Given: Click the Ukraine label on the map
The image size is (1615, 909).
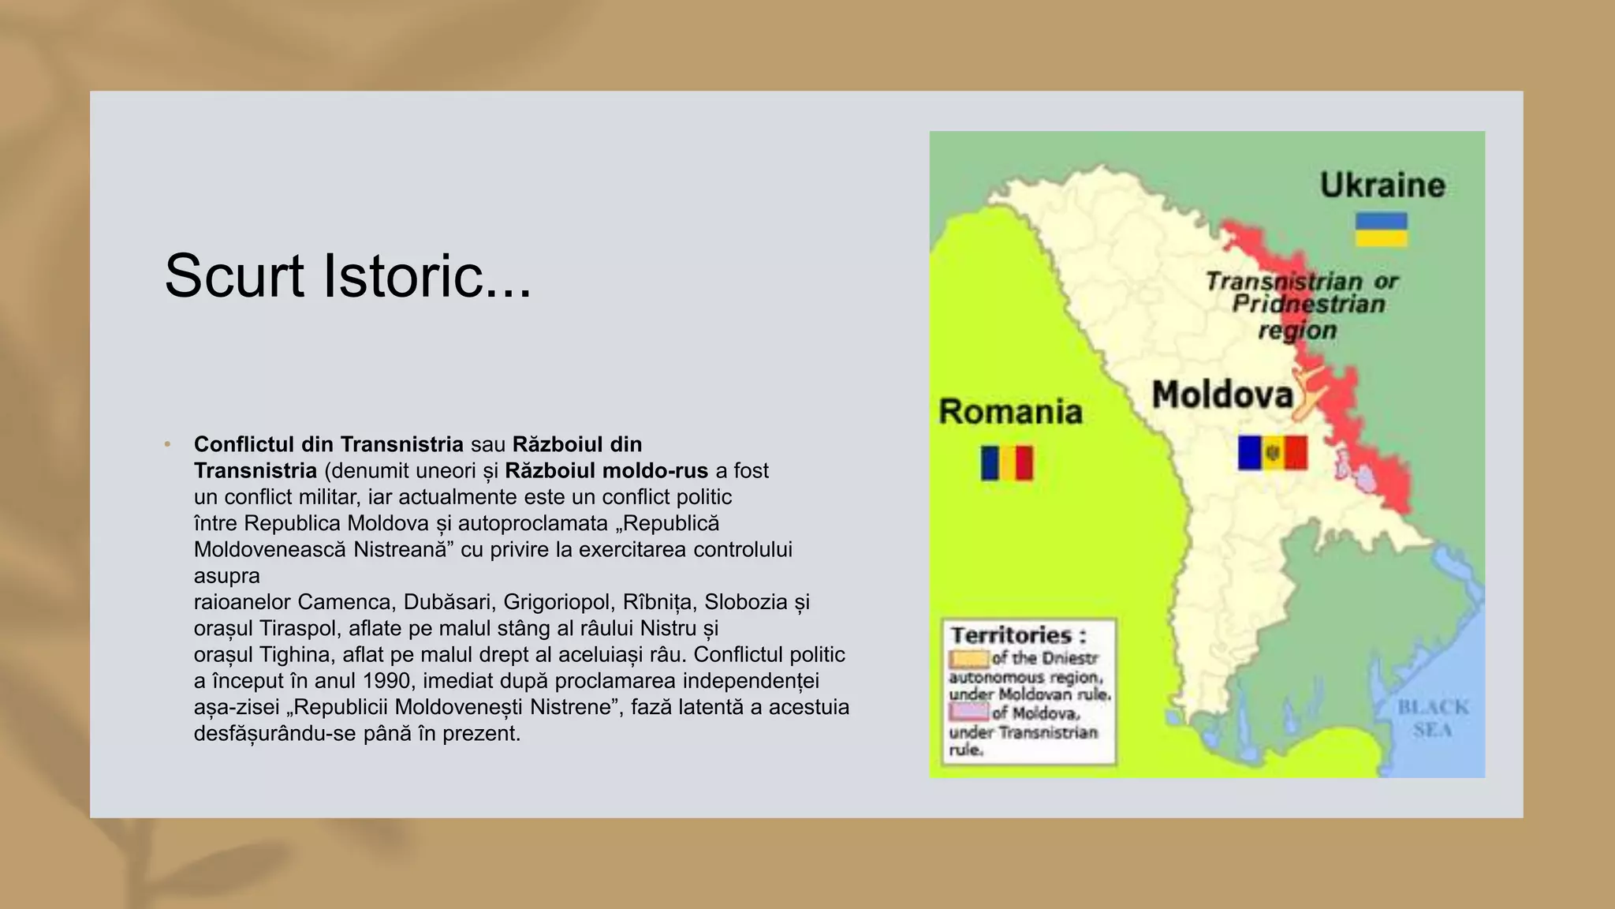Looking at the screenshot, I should point(1382,185).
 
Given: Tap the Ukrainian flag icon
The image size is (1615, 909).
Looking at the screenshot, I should point(1381,229).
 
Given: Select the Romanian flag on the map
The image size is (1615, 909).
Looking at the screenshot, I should point(1006,463).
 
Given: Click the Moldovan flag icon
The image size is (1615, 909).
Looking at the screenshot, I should point(1272,453).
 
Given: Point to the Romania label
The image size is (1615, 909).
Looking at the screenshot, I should point(1010,412).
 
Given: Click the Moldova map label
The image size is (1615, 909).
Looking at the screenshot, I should point(1222,395).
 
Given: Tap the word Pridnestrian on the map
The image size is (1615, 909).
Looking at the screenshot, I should point(1308,305).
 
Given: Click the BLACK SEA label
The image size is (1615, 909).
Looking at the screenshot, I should point(1433,718).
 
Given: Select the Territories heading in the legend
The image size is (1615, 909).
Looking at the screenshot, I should point(1018,635).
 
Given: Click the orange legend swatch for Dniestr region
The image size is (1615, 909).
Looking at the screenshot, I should point(968,658).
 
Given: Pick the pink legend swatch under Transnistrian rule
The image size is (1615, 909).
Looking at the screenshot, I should point(968,713).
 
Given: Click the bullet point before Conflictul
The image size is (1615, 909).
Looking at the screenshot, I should point(167,445).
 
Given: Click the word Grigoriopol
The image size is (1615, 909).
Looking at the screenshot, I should point(557,602).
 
